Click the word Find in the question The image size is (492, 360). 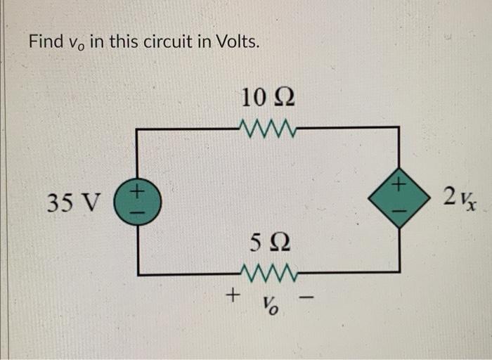click(46, 41)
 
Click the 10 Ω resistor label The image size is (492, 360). click(267, 96)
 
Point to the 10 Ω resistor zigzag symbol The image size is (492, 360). click(268, 127)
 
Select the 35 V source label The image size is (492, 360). click(73, 202)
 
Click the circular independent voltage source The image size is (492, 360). click(138, 200)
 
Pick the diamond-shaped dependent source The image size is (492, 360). click(399, 200)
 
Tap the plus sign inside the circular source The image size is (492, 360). click(138, 191)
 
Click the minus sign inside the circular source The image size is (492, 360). click(138, 210)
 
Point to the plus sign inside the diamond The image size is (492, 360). click(399, 186)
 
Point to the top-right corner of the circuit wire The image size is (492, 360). click(399, 128)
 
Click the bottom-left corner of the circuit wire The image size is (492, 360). click(138, 273)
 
